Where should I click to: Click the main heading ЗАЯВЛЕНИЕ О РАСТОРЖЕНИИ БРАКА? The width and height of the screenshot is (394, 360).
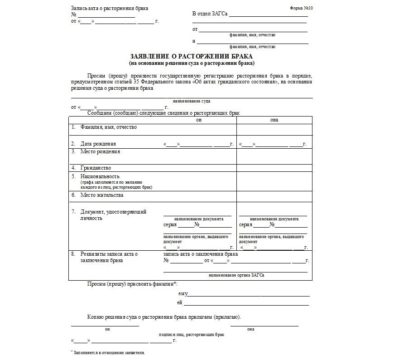[192, 56]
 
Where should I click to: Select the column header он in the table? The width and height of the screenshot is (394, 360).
[199, 120]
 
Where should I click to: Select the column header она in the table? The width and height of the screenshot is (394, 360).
[274, 120]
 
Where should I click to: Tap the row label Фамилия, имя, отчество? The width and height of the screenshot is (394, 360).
[109, 127]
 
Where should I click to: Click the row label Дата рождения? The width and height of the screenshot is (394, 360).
[98, 144]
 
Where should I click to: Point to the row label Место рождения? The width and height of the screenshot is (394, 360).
[100, 151]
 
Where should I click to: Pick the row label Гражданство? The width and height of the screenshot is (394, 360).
[96, 168]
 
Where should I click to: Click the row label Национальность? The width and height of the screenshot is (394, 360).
[100, 176]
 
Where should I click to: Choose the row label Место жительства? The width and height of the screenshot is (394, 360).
[102, 195]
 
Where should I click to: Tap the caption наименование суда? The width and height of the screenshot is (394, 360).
[192, 101]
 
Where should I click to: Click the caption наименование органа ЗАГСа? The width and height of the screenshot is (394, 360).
[236, 275]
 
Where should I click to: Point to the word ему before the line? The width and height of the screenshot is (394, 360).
[183, 294]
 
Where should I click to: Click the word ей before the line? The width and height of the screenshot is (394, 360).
[180, 302]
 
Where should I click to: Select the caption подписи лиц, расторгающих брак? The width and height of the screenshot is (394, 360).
[192, 334]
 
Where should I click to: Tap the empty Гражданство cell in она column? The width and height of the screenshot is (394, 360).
[274, 168]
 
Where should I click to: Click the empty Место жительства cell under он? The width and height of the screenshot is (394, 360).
[199, 196]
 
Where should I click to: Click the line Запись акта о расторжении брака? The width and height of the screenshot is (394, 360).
[110, 9]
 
